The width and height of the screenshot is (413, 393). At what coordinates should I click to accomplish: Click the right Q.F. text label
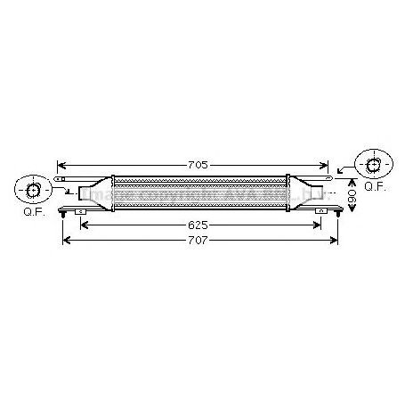click(x=374, y=188)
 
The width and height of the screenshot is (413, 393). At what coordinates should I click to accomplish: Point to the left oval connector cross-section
click(x=33, y=190)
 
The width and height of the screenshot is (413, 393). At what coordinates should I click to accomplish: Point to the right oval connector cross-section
click(x=373, y=164)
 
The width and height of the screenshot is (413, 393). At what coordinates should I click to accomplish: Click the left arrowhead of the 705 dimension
click(x=61, y=164)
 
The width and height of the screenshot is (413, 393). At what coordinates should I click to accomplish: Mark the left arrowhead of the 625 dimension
click(x=85, y=226)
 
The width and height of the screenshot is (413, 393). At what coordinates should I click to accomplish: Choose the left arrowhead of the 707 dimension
click(x=64, y=242)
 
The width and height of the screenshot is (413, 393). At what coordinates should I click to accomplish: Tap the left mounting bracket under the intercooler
click(x=81, y=212)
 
